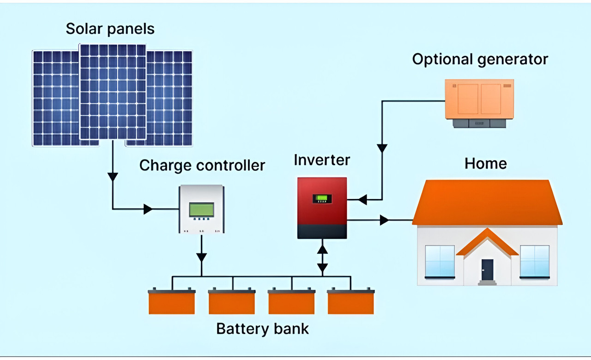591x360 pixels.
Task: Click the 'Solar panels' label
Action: pyautogui.click(x=110, y=29)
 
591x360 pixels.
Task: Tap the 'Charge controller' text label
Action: pyautogui.click(x=202, y=165)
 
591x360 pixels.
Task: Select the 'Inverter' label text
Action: pyautogui.click(x=322, y=160)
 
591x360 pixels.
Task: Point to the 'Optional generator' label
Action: pyautogui.click(x=480, y=60)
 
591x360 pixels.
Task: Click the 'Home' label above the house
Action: pyautogui.click(x=485, y=163)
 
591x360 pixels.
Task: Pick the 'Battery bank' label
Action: pyautogui.click(x=262, y=329)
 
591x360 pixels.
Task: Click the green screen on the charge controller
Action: pyautogui.click(x=202, y=210)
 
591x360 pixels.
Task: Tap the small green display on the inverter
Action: pyautogui.click(x=322, y=199)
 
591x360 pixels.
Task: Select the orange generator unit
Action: pyautogui.click(x=479, y=99)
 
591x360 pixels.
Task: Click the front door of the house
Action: pyautogui.click(x=487, y=270)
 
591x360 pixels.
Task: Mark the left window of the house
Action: pyautogui.click(x=440, y=261)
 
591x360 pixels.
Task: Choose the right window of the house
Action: pyautogui.click(x=535, y=261)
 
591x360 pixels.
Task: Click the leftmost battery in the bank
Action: pyautogui.click(x=172, y=302)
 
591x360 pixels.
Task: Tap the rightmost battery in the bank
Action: pyautogui.click(x=351, y=302)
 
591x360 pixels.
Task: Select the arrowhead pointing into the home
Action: pyautogui.click(x=384, y=220)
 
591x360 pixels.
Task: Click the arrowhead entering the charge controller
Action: pyautogui.click(x=148, y=209)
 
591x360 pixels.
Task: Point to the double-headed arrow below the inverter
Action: pyautogui.click(x=322, y=258)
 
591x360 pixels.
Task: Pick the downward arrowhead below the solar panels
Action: pyautogui.click(x=113, y=177)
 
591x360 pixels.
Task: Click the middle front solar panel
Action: pyautogui.click(x=113, y=91)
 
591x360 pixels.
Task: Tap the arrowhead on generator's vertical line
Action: pyautogui.click(x=382, y=149)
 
